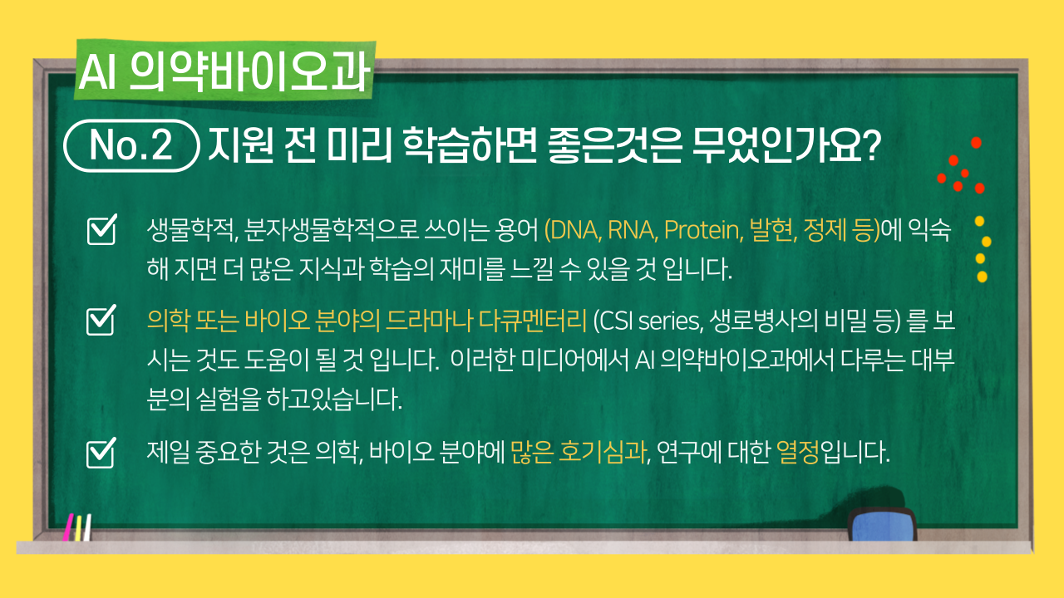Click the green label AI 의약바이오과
tap(225, 71)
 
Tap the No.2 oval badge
tap(131, 145)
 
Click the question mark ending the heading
tap(870, 145)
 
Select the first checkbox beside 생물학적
tap(102, 230)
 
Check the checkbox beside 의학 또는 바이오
tap(101, 320)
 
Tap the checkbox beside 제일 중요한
tap(101, 453)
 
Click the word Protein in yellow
tap(703, 231)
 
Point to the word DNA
tap(574, 230)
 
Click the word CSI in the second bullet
tap(613, 321)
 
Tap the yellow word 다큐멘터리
tap(533, 321)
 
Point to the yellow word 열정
tap(798, 453)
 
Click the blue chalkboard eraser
tap(883, 524)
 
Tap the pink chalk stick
tap(68, 527)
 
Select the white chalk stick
tap(87, 527)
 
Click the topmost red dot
tap(976, 142)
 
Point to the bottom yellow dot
tap(983, 277)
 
